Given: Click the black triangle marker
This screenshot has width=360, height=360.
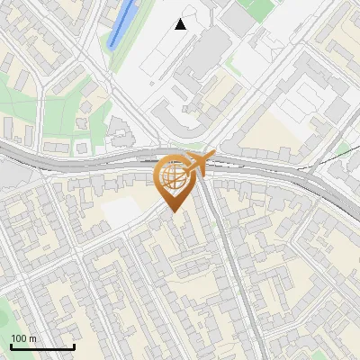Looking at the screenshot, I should click(x=181, y=24).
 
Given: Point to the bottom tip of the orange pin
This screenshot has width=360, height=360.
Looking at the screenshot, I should click(x=173, y=211).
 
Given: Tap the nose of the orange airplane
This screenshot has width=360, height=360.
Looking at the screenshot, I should click(x=211, y=157).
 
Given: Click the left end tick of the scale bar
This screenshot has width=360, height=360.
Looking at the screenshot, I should click(x=11, y=346).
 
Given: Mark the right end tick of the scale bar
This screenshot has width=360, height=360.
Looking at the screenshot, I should click(x=74, y=346).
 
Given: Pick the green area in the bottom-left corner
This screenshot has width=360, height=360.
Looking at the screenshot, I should click(x=4, y=315).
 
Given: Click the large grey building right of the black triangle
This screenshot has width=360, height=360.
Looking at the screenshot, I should click(x=238, y=18).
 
